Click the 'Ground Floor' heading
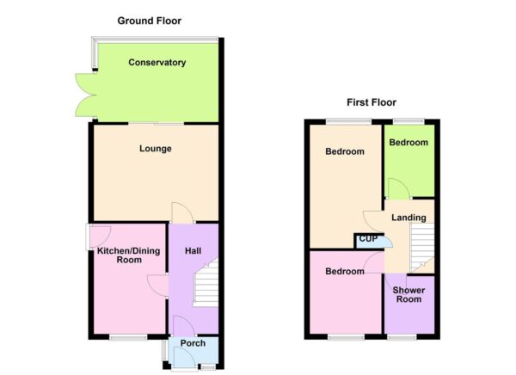(x=150, y=21)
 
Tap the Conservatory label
(x=157, y=63)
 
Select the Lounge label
(x=156, y=149)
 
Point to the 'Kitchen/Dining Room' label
(x=119, y=255)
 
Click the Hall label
(x=193, y=250)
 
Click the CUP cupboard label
(x=368, y=238)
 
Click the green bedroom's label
(x=408, y=143)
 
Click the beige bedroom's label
(x=344, y=151)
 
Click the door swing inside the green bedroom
(x=397, y=188)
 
